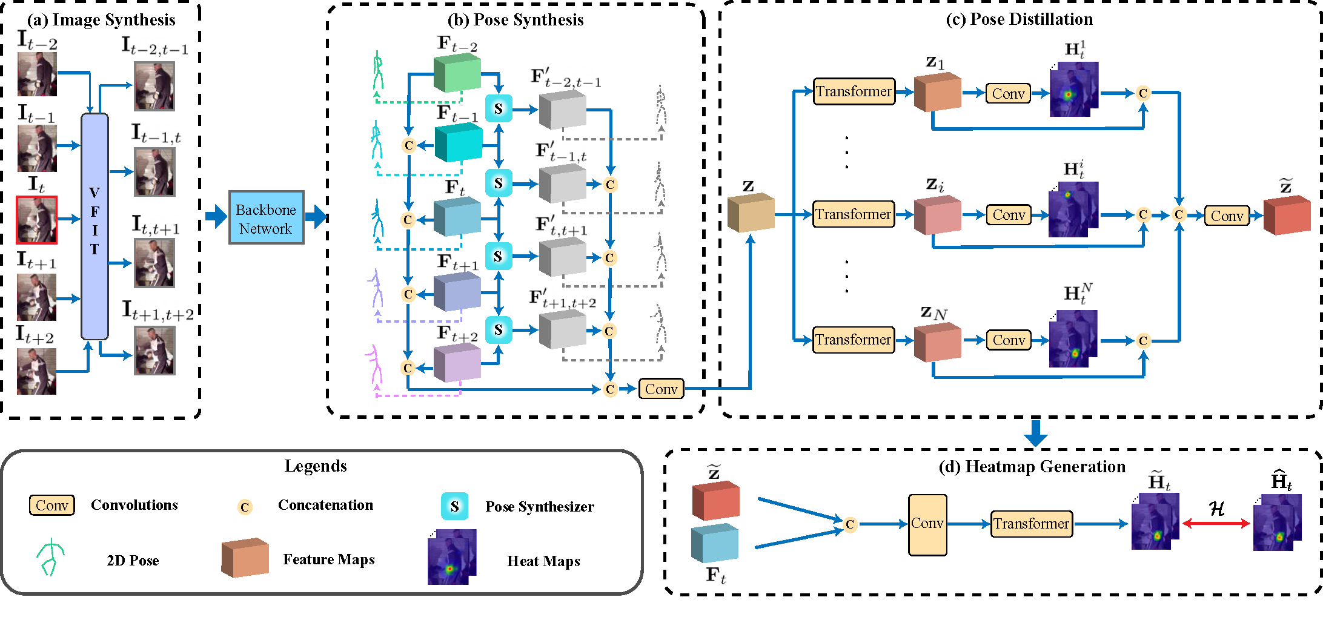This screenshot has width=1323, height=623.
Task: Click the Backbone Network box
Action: (266, 218)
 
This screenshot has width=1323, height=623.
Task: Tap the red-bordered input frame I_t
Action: (37, 220)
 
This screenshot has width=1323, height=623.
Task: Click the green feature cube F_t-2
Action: (457, 73)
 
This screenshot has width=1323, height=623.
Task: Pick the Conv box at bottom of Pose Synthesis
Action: (661, 389)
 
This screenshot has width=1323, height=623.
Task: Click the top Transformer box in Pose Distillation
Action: (854, 91)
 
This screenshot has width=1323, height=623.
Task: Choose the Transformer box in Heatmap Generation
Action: (1031, 524)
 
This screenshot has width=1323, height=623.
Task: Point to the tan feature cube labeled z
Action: (751, 213)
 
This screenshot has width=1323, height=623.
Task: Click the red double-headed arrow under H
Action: (1216, 524)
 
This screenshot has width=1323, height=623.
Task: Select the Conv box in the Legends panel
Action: (52, 505)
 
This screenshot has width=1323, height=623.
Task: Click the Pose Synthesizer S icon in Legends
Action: (454, 506)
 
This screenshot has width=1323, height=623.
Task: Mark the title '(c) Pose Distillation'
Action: (1019, 19)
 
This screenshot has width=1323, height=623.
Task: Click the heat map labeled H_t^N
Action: (1073, 339)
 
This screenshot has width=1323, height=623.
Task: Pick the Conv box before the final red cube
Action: (1227, 216)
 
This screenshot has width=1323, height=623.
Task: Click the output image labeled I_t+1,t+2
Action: (154, 351)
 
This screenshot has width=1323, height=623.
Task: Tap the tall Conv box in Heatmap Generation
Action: (927, 524)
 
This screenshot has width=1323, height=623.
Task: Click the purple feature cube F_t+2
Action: (457, 363)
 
